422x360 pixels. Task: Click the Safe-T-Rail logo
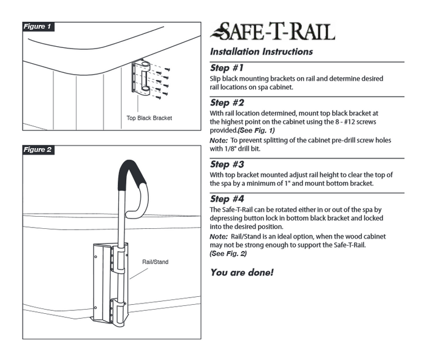click(x=272, y=30)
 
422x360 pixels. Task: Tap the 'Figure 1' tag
click(x=38, y=27)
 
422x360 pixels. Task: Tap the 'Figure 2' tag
click(x=38, y=149)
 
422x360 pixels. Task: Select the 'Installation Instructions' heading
click(x=261, y=52)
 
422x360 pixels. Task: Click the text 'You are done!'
click(x=242, y=272)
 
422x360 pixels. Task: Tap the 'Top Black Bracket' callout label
click(x=149, y=118)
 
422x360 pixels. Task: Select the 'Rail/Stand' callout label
click(x=155, y=262)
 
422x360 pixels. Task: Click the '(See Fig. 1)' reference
click(x=259, y=131)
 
